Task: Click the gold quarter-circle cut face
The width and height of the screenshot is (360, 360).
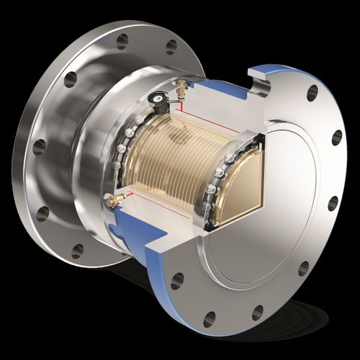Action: [x=238, y=187]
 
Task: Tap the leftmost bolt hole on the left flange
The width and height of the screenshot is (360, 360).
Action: [x=40, y=147]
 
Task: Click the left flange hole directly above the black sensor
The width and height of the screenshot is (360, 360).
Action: [x=171, y=48]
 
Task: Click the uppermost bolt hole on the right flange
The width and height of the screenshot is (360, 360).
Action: [x=312, y=93]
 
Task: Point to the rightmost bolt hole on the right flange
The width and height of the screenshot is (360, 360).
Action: [x=336, y=138]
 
